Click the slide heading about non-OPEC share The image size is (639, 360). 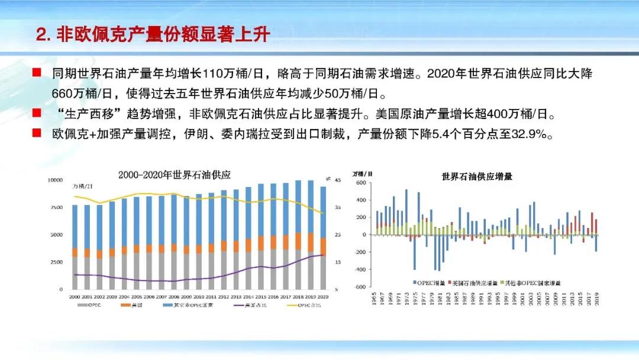[153, 35]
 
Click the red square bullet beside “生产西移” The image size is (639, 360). [37, 112]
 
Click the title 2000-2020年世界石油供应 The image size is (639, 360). [174, 175]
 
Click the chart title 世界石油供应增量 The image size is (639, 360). [477, 176]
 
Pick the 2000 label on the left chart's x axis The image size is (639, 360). [75, 296]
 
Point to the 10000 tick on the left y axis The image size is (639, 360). [54, 179]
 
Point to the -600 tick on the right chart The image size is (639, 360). [360, 287]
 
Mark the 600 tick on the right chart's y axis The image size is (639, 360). [362, 182]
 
